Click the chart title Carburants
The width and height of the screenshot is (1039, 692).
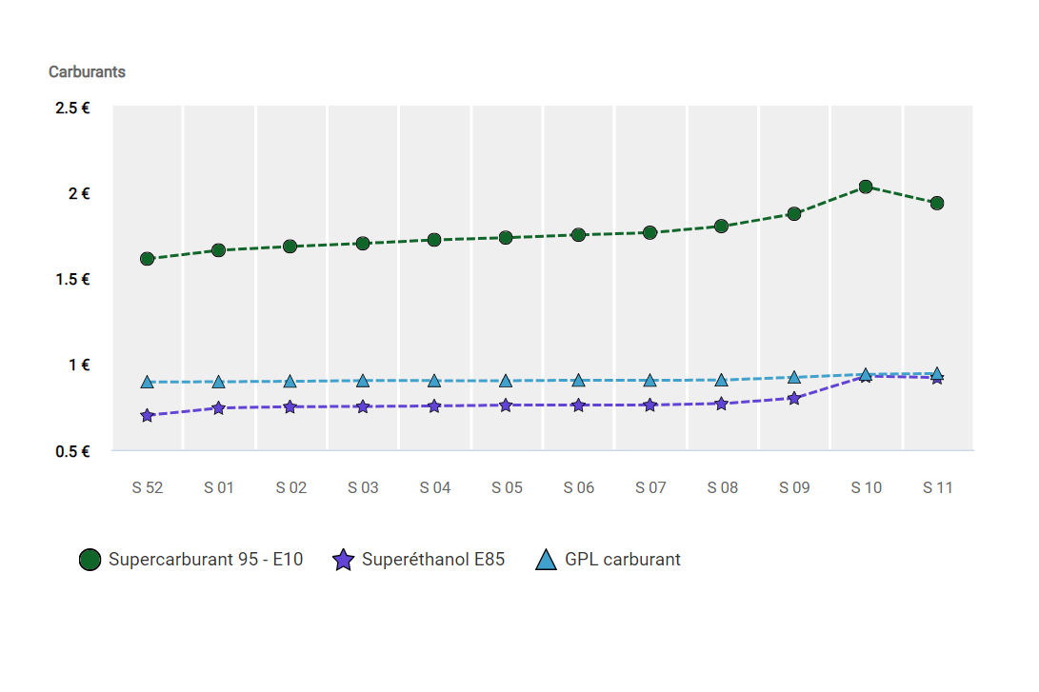pyautogui.click(x=87, y=71)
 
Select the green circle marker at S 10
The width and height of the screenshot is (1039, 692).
pyautogui.click(x=866, y=187)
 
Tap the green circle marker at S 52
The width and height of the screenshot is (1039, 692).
pyautogui.click(x=147, y=259)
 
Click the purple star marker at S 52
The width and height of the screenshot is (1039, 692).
pyautogui.click(x=147, y=416)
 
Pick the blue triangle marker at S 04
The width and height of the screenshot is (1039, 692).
pyautogui.click(x=434, y=381)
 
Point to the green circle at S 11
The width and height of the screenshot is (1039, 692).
pyautogui.click(x=937, y=203)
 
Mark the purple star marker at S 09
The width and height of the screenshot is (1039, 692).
pyautogui.click(x=793, y=399)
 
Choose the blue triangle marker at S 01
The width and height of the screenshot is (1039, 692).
pyautogui.click(x=218, y=382)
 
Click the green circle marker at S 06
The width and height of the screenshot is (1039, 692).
pyautogui.click(x=578, y=235)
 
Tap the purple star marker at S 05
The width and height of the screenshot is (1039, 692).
pyautogui.click(x=506, y=405)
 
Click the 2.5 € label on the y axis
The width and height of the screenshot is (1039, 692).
pyautogui.click(x=73, y=109)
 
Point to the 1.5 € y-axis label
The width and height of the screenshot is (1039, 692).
pyautogui.click(x=73, y=280)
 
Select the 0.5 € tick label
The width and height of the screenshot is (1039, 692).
pyautogui.click(x=73, y=451)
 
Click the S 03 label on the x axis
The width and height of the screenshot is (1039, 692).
pyautogui.click(x=363, y=488)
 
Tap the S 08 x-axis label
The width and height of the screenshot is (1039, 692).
pyautogui.click(x=722, y=488)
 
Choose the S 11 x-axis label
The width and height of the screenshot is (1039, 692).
pyautogui.click(x=938, y=488)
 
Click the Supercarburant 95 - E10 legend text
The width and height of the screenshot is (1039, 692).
pyautogui.click(x=206, y=560)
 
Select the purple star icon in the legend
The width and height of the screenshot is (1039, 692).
pyautogui.click(x=343, y=560)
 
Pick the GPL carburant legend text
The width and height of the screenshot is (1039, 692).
pyautogui.click(x=623, y=560)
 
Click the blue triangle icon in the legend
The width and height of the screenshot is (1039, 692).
pyautogui.click(x=546, y=560)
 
